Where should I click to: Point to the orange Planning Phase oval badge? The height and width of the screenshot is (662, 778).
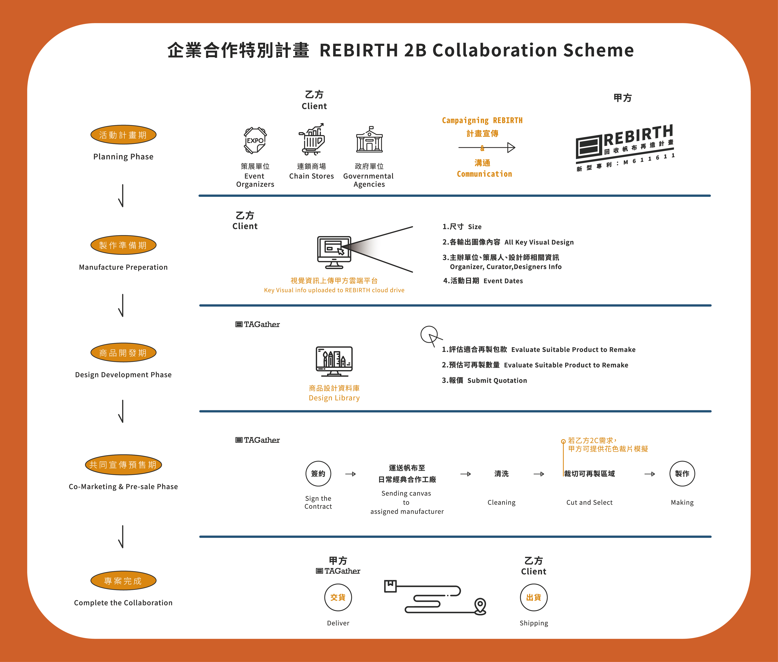[123, 135]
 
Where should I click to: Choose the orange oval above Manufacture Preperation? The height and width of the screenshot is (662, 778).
[123, 245]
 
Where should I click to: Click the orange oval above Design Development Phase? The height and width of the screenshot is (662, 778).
[123, 353]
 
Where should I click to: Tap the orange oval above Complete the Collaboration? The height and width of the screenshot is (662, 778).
[123, 581]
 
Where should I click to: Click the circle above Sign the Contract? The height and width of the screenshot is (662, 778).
[318, 474]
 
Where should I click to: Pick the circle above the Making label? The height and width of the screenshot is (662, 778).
[682, 474]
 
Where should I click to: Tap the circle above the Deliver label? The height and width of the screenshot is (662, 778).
[338, 597]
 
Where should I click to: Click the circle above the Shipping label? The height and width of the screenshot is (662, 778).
[533, 597]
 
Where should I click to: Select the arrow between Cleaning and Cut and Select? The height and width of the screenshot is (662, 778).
[539, 474]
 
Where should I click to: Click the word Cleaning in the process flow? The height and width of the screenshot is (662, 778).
[501, 503]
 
